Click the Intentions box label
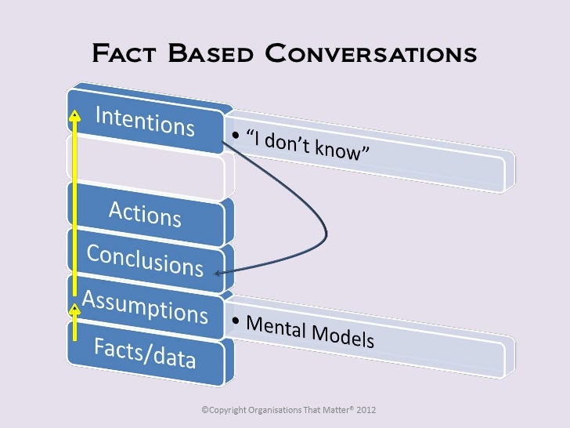(145, 122)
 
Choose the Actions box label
(145, 213)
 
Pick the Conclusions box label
(145, 259)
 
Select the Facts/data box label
(145, 353)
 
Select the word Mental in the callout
(276, 328)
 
